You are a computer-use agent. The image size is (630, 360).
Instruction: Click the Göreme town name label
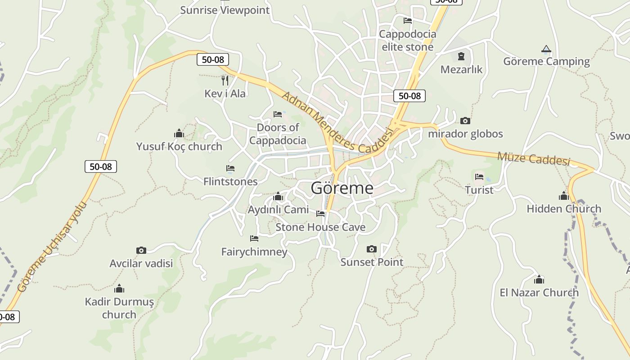coord(342,188)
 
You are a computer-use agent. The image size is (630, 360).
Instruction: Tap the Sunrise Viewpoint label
coord(225,10)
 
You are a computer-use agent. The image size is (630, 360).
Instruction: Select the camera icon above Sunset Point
coord(371,249)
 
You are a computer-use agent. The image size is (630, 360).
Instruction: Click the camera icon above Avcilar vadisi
coord(141,250)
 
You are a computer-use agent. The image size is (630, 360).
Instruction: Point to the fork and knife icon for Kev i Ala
coord(225,81)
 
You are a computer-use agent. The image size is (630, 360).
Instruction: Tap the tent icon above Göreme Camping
coord(546,49)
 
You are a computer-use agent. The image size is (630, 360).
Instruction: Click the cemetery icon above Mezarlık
coord(461,56)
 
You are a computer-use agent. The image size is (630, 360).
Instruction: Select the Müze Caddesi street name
coord(533,158)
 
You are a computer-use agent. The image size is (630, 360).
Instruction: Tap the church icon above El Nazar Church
coord(539,279)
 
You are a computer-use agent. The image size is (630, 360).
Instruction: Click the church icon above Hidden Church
coord(563,196)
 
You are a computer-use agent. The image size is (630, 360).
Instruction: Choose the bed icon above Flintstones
coord(230,168)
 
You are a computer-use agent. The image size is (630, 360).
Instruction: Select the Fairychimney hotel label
coord(254,252)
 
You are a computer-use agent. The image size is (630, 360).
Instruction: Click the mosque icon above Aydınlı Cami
coord(278,197)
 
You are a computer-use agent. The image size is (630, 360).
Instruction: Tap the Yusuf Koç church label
coord(179,147)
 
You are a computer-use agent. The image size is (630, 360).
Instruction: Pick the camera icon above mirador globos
coord(465,121)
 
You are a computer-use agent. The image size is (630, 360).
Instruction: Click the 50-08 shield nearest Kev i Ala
coord(213,59)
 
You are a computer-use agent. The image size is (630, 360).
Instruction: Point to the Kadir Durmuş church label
coord(119,308)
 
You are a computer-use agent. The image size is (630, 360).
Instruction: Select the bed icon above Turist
coord(479,177)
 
